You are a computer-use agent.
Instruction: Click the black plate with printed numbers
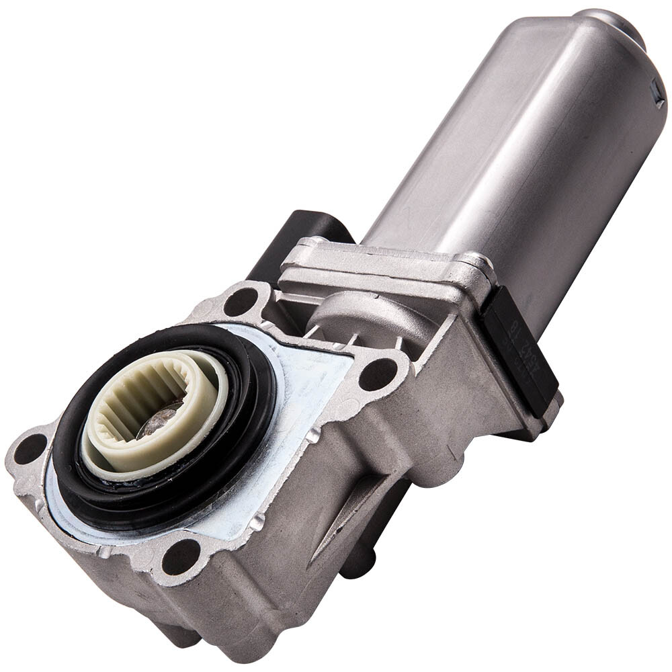[521, 356]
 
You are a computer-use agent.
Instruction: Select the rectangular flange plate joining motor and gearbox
[383, 269]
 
